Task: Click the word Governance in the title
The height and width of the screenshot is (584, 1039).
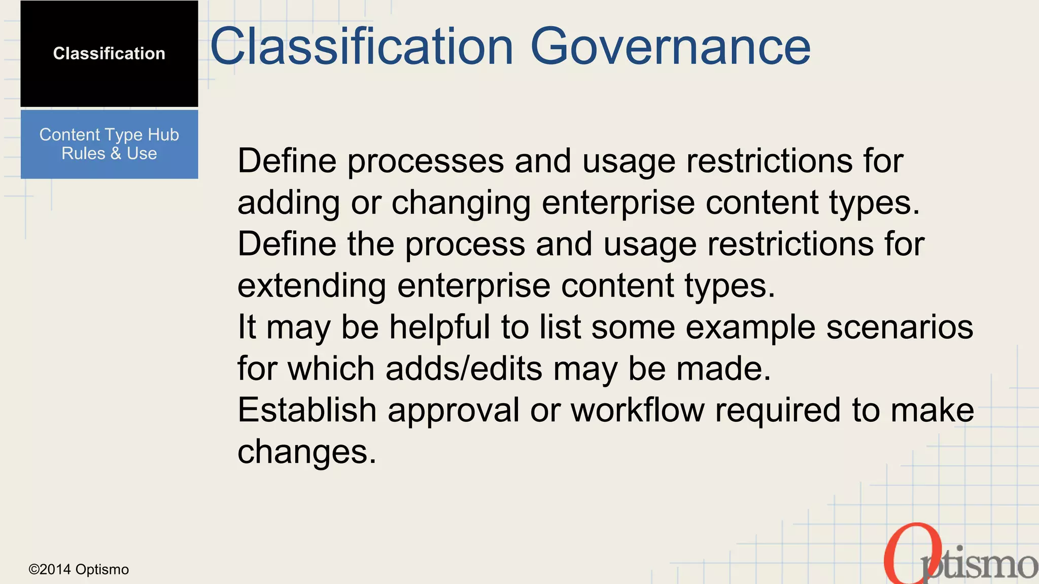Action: click(x=670, y=47)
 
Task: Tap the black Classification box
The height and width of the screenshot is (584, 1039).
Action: click(x=109, y=54)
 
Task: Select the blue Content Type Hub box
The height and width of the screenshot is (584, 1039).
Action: click(x=109, y=144)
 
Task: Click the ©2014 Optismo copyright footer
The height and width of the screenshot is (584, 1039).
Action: click(x=79, y=569)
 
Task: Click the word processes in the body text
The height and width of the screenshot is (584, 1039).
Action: click(x=425, y=161)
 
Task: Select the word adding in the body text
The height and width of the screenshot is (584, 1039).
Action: click(x=289, y=203)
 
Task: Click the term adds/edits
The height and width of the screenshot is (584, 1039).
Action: click(x=464, y=369)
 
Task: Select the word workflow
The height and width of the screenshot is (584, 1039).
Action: click(x=638, y=410)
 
